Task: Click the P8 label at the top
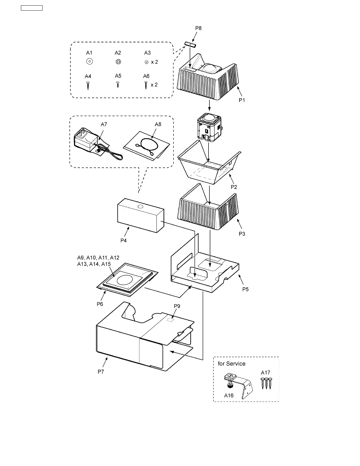199,28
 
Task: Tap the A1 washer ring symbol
89,62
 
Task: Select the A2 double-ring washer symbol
118,62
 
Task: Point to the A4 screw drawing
88,86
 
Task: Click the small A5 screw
118,85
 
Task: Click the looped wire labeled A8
146,146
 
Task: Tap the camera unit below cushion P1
209,127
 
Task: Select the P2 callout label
234,187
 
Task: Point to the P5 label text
245,289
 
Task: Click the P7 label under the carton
101,372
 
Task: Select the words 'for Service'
231,364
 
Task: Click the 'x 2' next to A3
154,62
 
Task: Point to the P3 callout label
242,234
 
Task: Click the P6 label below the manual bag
100,304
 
